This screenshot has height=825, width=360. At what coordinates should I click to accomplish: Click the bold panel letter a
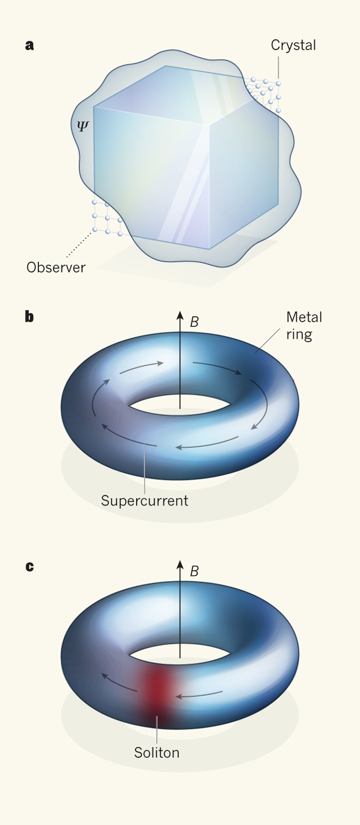29,45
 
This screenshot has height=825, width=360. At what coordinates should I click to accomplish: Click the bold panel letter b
29,317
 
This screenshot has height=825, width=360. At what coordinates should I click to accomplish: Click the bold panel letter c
29,566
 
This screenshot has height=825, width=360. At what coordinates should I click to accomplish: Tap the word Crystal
293,45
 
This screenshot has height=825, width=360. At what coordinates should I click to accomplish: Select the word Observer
55,267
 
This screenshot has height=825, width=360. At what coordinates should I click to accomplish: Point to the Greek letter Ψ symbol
81,126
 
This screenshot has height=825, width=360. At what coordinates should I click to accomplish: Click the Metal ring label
304,326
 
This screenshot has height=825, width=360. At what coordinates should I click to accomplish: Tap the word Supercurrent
144,501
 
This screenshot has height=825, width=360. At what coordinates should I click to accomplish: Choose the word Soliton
156,752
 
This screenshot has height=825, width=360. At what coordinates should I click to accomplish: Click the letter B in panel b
195,322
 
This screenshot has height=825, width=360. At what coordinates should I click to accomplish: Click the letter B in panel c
195,572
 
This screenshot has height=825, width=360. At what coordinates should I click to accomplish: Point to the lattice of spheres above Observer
106,218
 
